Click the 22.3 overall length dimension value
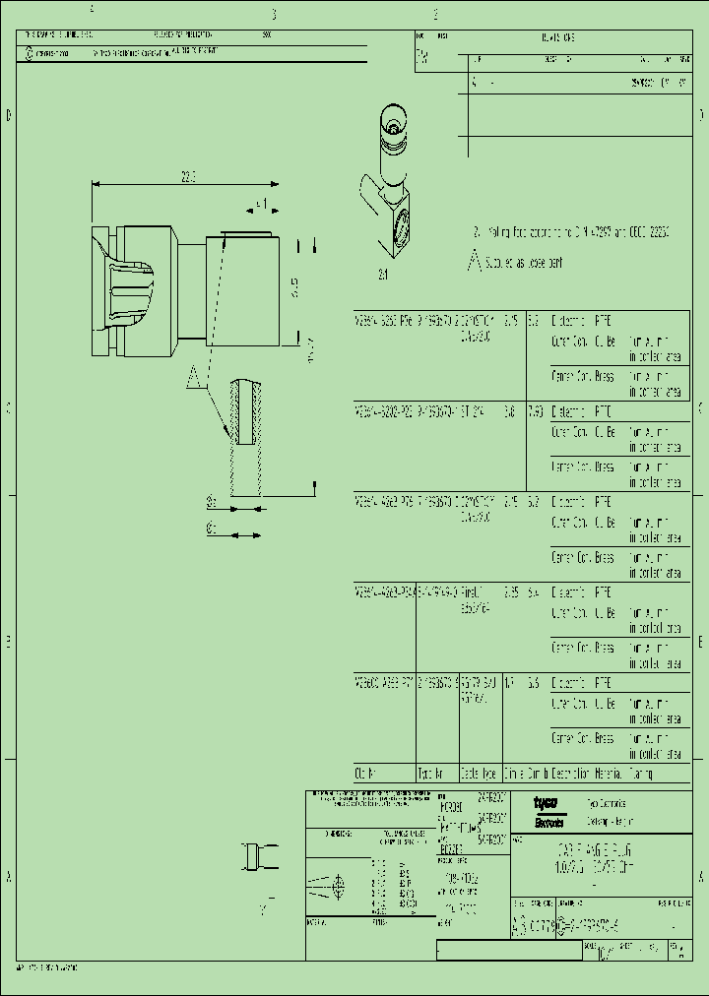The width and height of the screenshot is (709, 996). [187, 177]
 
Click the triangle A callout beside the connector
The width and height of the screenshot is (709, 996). [194, 374]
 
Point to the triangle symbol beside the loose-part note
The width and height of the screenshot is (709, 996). [476, 263]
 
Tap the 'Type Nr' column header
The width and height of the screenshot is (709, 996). [431, 774]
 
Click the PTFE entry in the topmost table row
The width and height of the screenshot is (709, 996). [602, 321]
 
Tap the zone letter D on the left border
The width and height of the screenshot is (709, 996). [9, 116]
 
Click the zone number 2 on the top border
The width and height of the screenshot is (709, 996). [435, 15]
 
